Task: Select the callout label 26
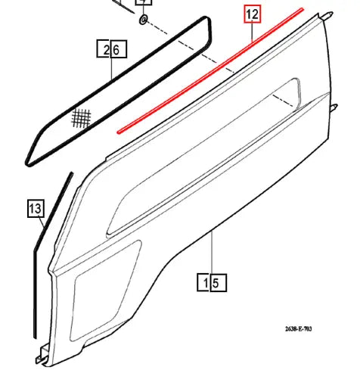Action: tap(112, 49)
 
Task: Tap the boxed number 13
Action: tap(36, 207)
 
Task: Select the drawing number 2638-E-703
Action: tap(298, 328)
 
